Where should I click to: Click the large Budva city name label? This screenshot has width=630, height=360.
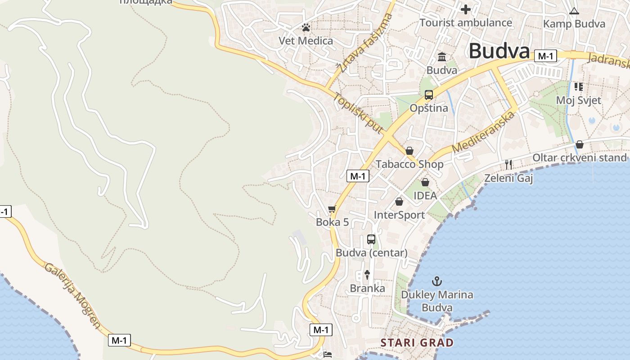click(499, 51)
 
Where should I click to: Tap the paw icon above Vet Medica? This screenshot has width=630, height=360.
click(306, 28)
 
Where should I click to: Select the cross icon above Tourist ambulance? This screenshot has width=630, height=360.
click(466, 9)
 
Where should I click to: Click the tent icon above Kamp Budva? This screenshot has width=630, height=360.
click(574, 11)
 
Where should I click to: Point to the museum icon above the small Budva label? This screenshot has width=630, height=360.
click(442, 57)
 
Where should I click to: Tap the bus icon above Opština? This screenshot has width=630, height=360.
click(428, 95)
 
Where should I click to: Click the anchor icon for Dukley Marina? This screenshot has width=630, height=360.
click(436, 282)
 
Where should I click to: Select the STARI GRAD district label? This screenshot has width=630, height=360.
click(417, 342)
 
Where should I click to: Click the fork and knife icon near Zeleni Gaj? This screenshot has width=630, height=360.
click(508, 165)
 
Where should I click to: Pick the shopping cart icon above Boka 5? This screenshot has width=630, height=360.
click(332, 209)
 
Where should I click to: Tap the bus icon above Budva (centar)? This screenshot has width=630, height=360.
click(371, 239)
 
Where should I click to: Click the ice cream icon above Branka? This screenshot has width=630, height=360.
click(367, 274)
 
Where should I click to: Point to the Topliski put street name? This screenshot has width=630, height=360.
click(358, 113)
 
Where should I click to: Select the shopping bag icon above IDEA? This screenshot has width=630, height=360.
click(425, 182)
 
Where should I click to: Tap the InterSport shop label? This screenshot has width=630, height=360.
click(399, 215)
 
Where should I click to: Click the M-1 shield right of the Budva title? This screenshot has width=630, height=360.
click(545, 56)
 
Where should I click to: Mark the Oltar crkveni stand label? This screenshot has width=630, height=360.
click(579, 157)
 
